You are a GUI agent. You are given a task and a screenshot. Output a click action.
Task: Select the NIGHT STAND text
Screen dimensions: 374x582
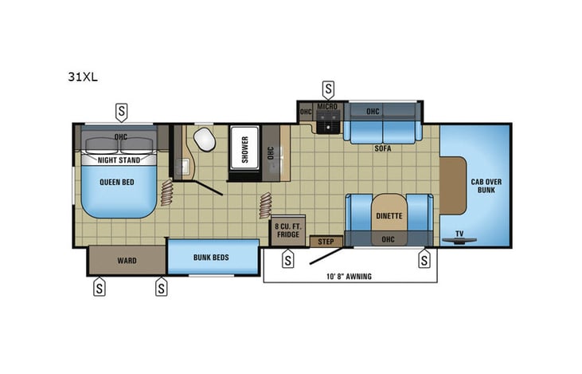pyautogui.click(x=119, y=159)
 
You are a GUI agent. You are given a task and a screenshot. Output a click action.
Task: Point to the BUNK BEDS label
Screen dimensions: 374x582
pyautogui.click(x=213, y=258)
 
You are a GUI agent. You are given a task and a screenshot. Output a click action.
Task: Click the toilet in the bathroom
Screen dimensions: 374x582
pyautogui.click(x=205, y=139)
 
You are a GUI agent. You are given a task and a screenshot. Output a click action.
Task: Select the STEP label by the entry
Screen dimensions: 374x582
pyautogui.click(x=326, y=241)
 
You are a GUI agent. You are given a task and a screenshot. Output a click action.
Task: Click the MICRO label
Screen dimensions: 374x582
pyautogui.click(x=327, y=106)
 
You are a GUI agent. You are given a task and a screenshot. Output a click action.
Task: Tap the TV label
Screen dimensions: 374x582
pyautogui.click(x=459, y=234)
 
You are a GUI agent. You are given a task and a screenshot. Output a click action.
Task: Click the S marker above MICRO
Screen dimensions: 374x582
pyautogui.click(x=327, y=89)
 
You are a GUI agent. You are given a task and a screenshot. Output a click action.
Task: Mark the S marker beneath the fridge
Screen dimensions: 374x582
pyautogui.click(x=288, y=258)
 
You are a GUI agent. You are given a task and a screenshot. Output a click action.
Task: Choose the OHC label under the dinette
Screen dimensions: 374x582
pyautogui.click(x=388, y=238)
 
